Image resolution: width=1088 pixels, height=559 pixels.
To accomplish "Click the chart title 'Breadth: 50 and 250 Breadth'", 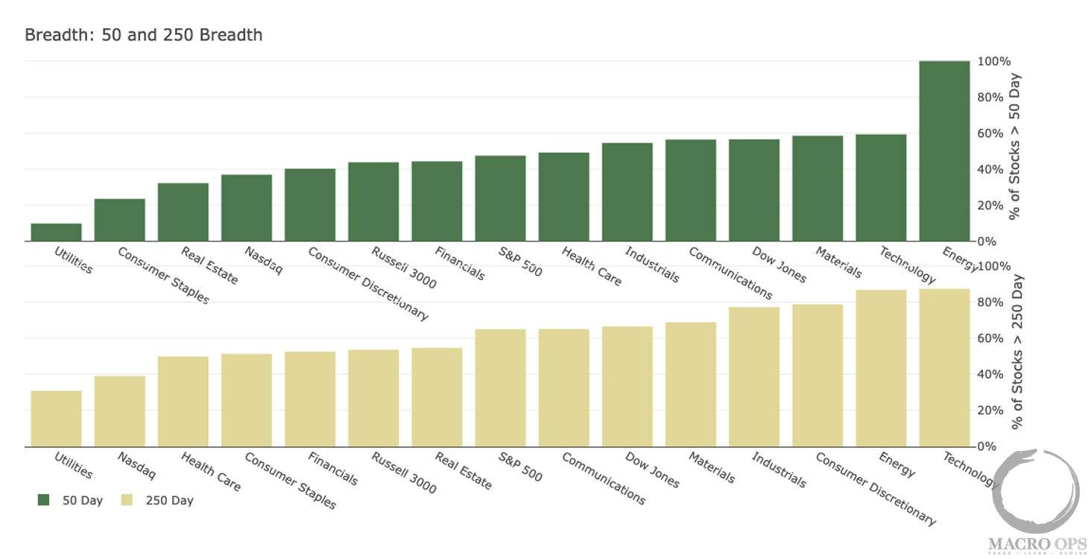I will (143, 35).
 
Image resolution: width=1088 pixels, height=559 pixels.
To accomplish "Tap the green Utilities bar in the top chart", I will (56, 233).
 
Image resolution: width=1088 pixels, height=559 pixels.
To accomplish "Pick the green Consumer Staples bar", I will (119, 220).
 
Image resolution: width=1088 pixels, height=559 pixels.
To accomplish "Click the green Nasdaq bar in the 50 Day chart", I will (247, 208).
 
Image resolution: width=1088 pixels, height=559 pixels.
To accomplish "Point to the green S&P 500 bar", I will (500, 198).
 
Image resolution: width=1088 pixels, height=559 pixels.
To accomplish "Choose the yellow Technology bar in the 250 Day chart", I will (944, 367).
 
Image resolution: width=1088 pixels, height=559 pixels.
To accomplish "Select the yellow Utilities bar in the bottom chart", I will (56, 419).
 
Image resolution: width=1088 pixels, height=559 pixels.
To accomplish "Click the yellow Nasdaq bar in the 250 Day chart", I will (119, 411).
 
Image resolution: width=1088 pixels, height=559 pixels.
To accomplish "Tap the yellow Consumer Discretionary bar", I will (817, 376).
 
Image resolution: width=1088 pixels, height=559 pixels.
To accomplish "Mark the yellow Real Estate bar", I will (437, 397).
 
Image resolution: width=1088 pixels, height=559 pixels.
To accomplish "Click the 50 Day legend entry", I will (71, 501).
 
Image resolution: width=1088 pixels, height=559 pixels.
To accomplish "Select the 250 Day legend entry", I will (161, 501).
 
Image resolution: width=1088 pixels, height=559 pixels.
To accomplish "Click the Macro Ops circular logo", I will (1037, 491).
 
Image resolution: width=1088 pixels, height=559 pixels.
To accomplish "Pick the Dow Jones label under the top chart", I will (779, 265).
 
